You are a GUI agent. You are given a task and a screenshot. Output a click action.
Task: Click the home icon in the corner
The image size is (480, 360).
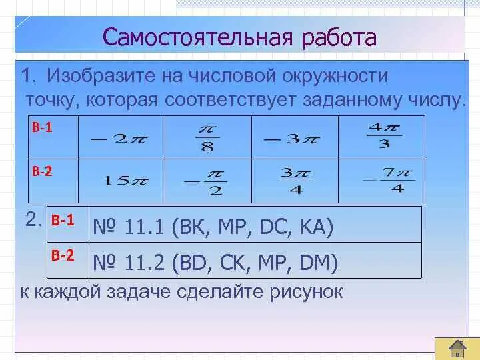tap(457, 347)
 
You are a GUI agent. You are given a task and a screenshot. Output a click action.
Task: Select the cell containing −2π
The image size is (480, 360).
tap(121, 138)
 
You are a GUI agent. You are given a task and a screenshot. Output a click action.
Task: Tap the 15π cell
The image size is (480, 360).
tap(121, 181)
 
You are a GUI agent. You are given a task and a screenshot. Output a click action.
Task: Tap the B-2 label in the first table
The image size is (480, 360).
tap(41, 171)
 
